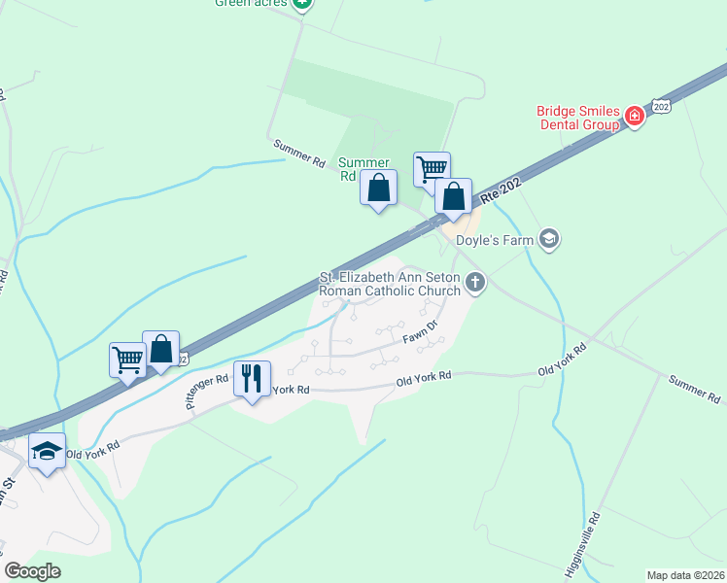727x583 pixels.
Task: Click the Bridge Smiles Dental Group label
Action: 578,118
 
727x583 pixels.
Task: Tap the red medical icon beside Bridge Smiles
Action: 634,118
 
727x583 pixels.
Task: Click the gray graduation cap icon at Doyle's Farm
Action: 550,239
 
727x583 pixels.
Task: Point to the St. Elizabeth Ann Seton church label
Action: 390,284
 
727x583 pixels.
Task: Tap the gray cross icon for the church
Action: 475,283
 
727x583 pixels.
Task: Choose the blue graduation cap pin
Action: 47,452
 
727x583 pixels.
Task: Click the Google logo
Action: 33,571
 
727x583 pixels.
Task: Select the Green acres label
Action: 252,3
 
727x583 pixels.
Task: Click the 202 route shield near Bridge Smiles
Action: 661,105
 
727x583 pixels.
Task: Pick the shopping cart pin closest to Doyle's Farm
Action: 432,169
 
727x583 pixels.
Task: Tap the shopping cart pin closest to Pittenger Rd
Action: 127,360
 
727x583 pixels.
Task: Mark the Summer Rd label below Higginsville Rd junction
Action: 694,389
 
